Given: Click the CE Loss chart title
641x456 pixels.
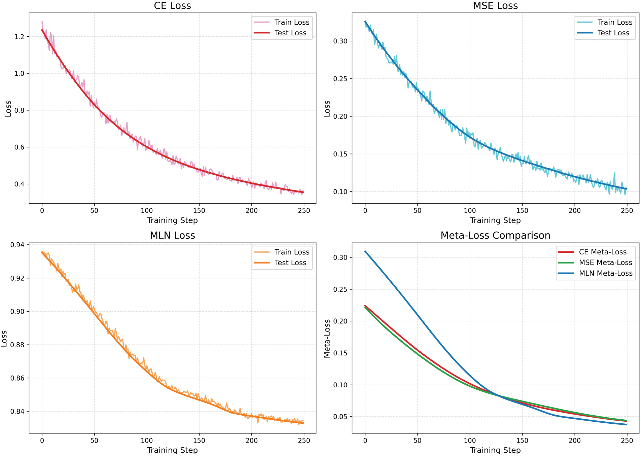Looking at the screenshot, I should point(172,6).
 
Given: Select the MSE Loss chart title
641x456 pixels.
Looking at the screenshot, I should point(495,6).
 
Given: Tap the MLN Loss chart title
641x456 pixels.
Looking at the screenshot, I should point(172,235).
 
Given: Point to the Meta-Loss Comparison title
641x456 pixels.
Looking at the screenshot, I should point(495,235).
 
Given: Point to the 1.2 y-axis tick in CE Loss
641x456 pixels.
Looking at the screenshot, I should point(19,37).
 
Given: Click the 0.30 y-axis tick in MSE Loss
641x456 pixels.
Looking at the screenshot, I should point(340,41).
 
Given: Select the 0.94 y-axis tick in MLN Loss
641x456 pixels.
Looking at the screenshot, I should point(17,245).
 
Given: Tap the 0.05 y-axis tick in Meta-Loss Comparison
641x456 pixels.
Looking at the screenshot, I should point(340,417).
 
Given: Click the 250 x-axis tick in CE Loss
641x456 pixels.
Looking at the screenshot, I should point(304,211).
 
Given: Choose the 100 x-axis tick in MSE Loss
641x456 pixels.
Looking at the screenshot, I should point(470,211).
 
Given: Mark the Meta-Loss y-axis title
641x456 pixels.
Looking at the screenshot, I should point(327,338).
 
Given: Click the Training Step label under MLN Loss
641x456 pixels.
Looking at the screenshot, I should point(172,450).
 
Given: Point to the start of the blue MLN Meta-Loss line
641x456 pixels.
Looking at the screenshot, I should point(365,251).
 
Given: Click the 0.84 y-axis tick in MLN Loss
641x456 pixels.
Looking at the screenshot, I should point(17,411).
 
